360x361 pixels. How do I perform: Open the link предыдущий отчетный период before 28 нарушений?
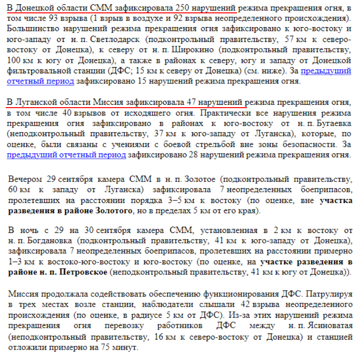[x=67, y=155]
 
